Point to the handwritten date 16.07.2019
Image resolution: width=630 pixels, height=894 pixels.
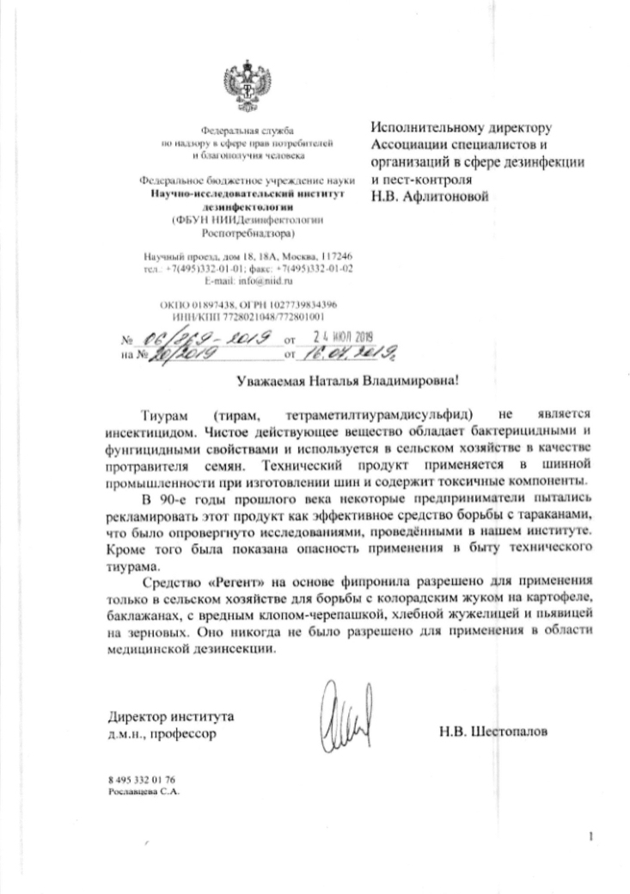(x=341, y=352)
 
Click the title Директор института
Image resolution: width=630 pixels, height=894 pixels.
(x=170, y=717)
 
